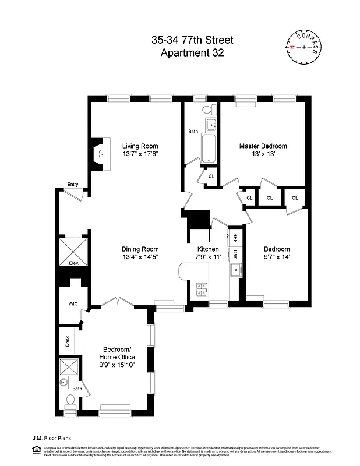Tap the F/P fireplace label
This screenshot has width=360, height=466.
point(101,154)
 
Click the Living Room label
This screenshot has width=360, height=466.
point(140,146)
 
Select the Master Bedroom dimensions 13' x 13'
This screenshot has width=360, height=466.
point(263,155)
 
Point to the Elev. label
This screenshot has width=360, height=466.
point(74,263)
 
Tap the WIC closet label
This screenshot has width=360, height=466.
point(73,303)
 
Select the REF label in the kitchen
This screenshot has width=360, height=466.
point(235,238)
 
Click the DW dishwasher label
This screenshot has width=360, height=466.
point(235,254)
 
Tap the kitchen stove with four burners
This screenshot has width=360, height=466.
point(202,287)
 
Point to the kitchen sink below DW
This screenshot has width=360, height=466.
point(236,270)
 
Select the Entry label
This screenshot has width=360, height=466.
point(72,185)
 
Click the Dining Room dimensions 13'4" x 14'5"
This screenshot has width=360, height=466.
point(140,257)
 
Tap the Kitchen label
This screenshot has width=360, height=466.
point(207,249)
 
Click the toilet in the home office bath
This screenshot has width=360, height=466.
point(70,400)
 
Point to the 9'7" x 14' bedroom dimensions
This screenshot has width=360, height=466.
point(276,257)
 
